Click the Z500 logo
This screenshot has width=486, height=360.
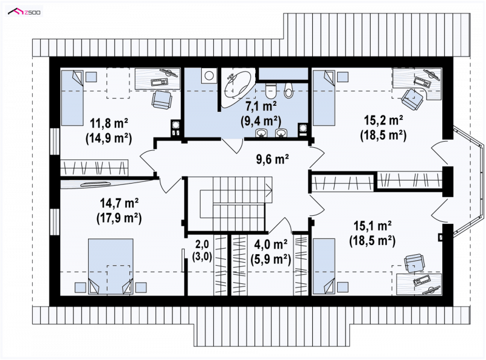coord(24,12)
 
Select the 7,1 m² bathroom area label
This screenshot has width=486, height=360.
coord(261,106)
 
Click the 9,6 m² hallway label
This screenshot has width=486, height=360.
coord(272,159)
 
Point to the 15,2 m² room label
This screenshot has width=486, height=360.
coord(383,120)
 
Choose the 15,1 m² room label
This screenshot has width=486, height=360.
coord(372,226)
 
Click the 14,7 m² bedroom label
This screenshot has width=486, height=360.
coord(119,203)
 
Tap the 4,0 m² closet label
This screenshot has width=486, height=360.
coord(270,244)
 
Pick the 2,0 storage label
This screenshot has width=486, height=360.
coord(202,244)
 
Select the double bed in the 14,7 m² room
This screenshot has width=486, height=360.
coord(111,266)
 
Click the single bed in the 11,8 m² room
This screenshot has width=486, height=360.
coord(72,98)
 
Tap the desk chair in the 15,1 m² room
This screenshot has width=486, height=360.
coord(414,263)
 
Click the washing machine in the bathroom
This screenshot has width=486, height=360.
coord(208,75)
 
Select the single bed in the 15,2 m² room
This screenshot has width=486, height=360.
coord(324,98)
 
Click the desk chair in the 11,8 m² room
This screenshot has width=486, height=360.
coord(162,99)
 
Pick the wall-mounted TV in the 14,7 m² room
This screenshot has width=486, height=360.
coord(95,184)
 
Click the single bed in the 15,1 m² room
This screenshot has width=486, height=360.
coord(324,266)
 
